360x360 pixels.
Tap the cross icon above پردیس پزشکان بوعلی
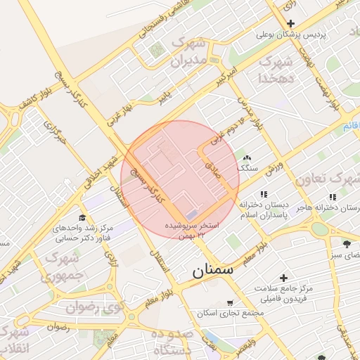pos(290,23)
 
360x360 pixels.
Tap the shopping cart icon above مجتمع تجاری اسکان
pos(231,303)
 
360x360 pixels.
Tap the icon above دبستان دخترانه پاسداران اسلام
pos(263,194)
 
